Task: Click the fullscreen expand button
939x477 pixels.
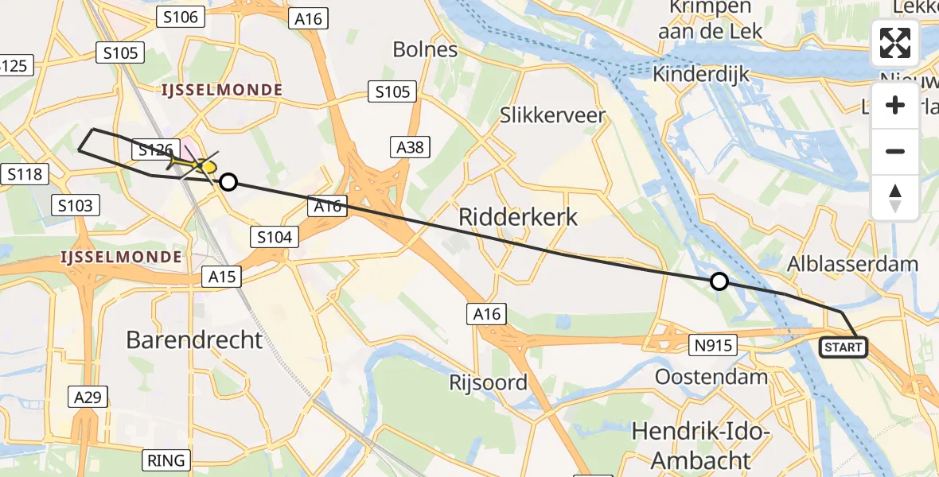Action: point(895,43)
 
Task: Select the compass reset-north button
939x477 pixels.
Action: point(895,198)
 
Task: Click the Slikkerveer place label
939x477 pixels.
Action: point(552,115)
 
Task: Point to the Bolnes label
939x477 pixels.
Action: point(426,49)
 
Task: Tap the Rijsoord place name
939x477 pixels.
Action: point(489,382)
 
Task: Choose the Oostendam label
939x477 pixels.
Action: point(711,376)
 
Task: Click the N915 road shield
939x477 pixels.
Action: point(713,345)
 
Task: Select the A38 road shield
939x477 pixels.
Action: point(411,146)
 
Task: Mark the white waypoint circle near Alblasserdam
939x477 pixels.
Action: point(719,281)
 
